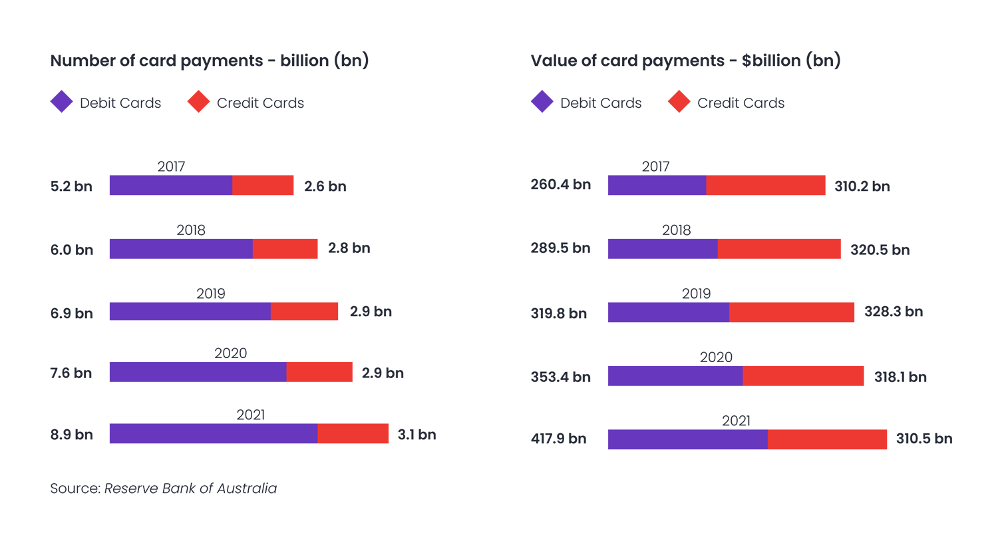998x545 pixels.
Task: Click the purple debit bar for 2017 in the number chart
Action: [171, 185]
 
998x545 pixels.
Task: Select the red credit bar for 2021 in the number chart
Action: [353, 433]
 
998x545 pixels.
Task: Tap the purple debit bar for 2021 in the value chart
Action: [687, 439]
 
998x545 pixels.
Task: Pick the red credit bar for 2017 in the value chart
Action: [765, 185]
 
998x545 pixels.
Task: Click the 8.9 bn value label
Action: [71, 435]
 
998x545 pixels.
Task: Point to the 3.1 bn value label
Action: [416, 435]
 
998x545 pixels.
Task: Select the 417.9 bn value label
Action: [558, 439]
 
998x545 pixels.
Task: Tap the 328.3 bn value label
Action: [893, 311]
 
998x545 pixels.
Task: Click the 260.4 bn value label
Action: [560, 184]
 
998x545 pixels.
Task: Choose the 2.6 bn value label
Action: [325, 186]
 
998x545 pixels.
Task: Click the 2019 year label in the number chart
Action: [211, 293]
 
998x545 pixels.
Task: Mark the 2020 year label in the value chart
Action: [716, 357]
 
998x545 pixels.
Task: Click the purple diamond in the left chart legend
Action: [62, 102]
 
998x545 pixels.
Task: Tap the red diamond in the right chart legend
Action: [679, 102]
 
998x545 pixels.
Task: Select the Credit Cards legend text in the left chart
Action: [260, 103]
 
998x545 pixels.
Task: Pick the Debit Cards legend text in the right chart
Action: [601, 103]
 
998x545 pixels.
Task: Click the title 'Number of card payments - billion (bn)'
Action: [210, 61]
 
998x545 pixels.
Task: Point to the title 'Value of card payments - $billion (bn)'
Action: [685, 61]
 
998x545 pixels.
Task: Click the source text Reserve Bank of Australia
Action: [190, 488]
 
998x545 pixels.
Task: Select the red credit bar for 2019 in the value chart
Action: [791, 312]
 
